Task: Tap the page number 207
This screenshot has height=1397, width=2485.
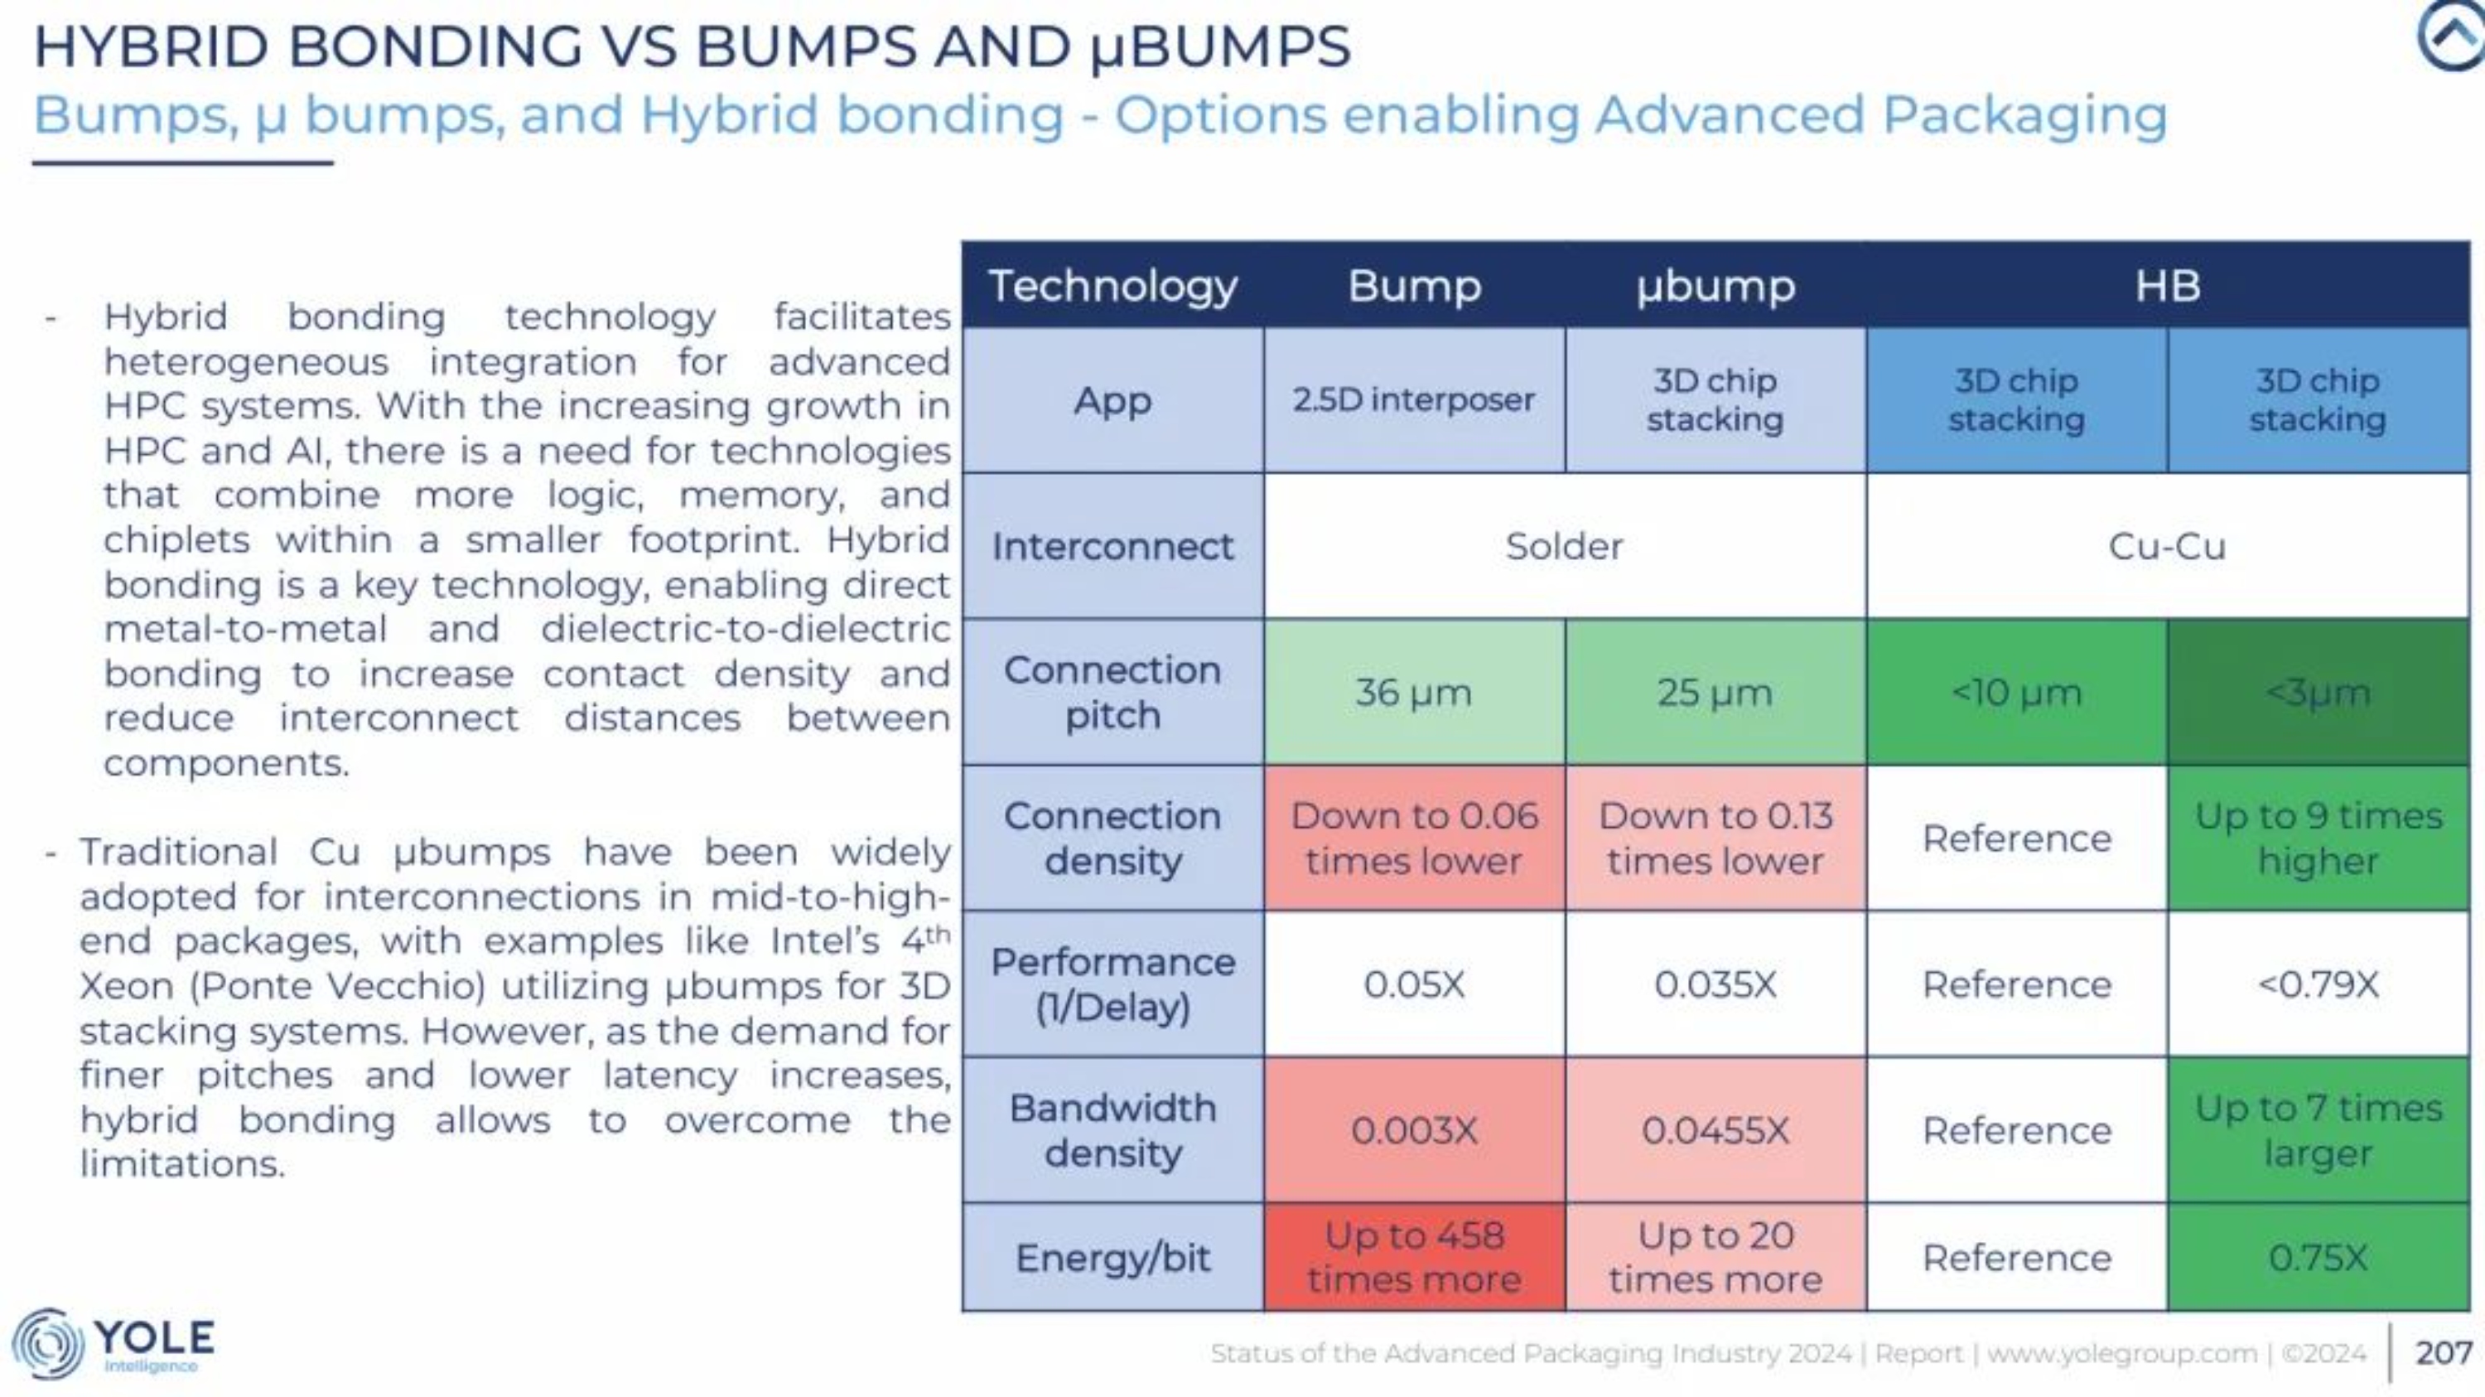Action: pos(2443,1351)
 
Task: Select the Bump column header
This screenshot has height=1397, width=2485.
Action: pos(1414,286)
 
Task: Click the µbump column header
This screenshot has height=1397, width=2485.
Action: pos(1715,286)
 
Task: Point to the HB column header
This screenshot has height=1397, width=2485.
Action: pos(2168,286)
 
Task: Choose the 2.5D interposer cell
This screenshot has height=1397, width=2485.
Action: pos(1414,399)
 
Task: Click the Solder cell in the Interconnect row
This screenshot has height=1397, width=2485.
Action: pos(1564,546)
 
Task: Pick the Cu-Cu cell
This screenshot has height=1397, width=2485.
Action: pos(2168,546)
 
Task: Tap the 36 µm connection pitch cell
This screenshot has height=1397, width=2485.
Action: pos(1414,692)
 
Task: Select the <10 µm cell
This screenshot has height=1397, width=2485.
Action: pos(2016,692)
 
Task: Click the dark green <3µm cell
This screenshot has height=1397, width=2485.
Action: pos(2319,692)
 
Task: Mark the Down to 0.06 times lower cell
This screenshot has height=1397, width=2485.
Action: pos(1414,838)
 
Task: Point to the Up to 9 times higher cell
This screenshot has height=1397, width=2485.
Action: pos(2319,838)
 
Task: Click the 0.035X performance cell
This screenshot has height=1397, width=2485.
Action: pos(1715,984)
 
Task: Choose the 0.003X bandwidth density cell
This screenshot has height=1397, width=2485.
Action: pos(1414,1129)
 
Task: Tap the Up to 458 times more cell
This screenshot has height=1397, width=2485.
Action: pos(1414,1257)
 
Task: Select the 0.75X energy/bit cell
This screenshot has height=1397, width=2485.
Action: pos(2319,1257)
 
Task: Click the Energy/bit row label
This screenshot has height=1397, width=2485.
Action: pos(1112,1257)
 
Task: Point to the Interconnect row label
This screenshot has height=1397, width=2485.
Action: pos(1112,546)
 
